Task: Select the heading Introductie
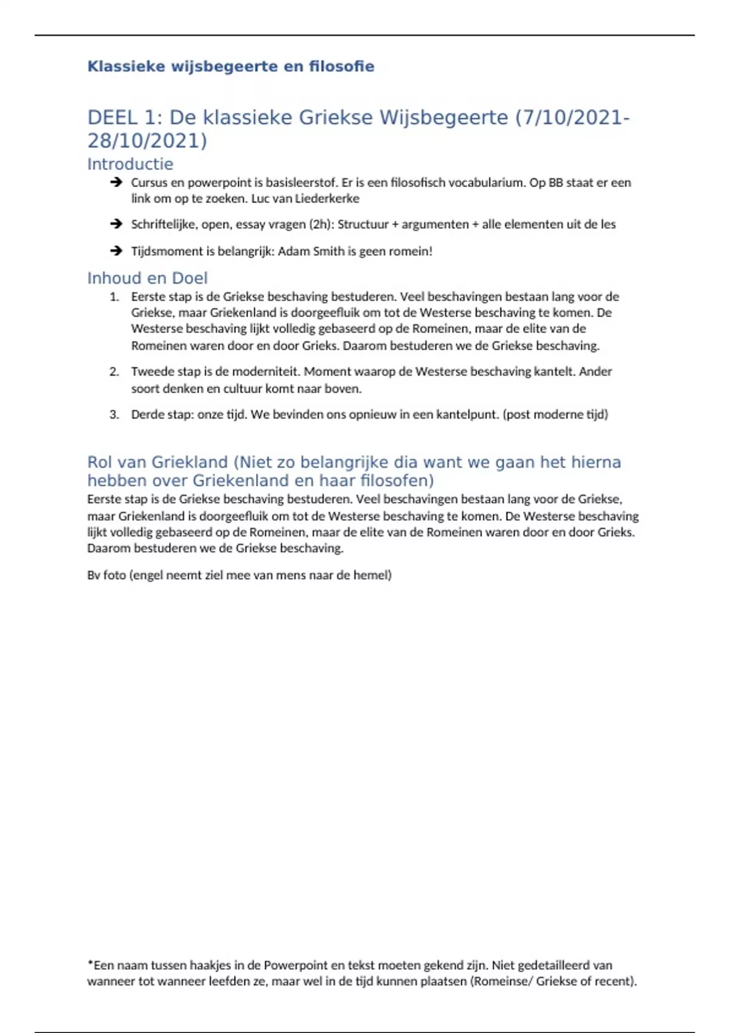[130, 164]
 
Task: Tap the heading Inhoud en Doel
[147, 278]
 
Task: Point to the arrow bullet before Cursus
[116, 182]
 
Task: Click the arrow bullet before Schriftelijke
[116, 224]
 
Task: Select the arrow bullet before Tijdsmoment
[116, 251]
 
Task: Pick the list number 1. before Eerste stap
[114, 297]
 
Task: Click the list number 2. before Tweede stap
[114, 372]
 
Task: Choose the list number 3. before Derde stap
[114, 415]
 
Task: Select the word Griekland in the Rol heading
[189, 462]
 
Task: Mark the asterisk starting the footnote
[91, 964]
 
